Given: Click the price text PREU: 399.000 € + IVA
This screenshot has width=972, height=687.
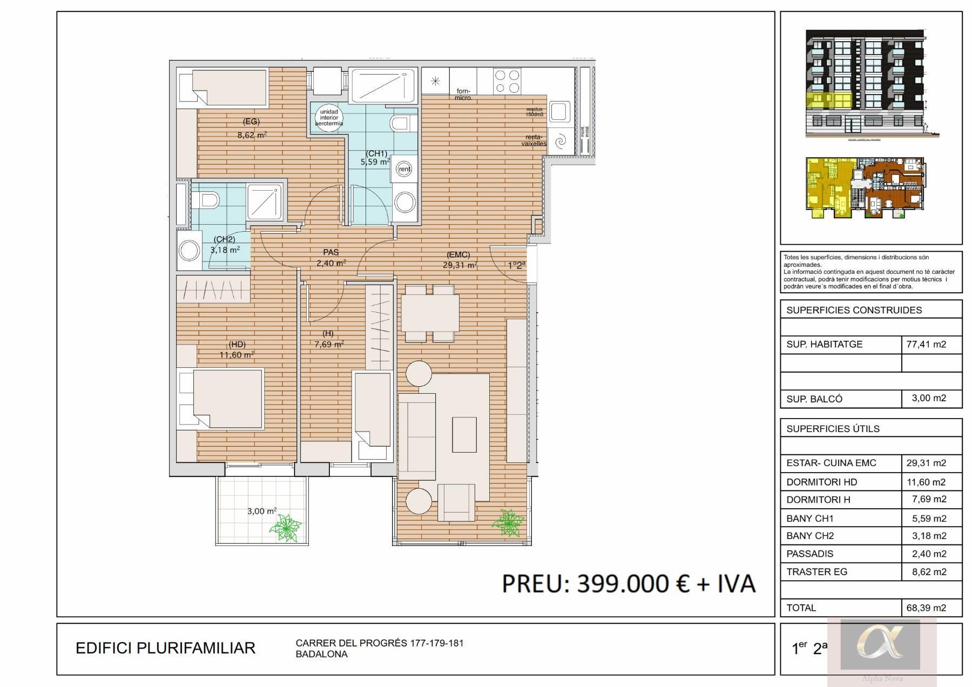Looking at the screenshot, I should coord(629,584).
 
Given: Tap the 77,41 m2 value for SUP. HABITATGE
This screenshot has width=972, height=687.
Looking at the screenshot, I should coord(926,345).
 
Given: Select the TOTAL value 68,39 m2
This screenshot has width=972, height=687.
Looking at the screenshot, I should coord(926,608).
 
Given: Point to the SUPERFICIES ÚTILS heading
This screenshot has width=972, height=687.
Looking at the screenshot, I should coord(833,429).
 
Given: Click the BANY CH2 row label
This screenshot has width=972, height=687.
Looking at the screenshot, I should coord(810,536).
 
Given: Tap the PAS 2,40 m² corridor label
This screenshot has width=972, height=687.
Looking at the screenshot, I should coord(330,258).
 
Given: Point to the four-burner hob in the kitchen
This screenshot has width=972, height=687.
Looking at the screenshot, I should coord(507,82).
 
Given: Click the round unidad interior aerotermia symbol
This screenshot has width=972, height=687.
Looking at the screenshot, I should coord(329,117).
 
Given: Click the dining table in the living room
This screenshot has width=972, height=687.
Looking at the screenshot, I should coord(430,313).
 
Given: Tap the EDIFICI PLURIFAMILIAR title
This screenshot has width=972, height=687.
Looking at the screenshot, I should coord(165,648).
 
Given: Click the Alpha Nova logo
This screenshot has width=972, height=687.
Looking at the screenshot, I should coord(880,645).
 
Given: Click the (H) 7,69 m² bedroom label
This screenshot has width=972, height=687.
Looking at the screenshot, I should coord(329,339).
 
